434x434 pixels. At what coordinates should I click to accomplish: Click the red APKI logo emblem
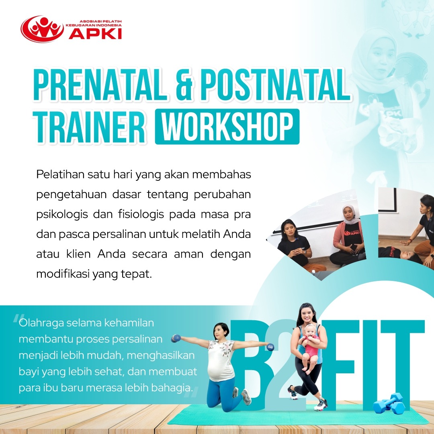42,29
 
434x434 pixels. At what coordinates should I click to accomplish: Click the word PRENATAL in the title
100,85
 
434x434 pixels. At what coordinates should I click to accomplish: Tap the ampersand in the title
184,85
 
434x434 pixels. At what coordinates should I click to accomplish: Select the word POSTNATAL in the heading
275,85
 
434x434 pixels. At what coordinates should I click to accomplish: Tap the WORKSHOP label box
227,127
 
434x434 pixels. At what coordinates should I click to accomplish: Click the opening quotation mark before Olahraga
18,318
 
